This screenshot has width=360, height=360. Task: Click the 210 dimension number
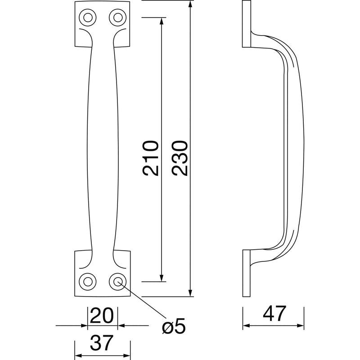151,158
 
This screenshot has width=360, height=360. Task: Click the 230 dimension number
180,158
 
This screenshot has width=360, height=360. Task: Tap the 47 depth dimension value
274,314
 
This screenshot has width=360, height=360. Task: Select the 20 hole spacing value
102,316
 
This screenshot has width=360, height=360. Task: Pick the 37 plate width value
102,343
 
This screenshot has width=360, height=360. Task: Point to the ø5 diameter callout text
174,326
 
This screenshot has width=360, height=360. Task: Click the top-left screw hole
87,18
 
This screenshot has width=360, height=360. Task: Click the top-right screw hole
118,18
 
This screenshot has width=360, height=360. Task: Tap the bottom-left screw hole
87,282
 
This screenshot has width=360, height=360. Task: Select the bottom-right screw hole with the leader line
118,282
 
